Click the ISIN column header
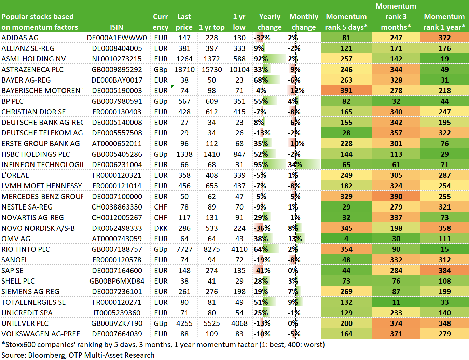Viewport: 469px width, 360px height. tap(116, 27)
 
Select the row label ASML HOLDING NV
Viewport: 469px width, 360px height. tap(33, 59)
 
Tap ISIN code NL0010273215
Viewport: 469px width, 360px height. tap(116, 59)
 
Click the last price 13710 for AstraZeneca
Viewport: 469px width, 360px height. tap(184, 69)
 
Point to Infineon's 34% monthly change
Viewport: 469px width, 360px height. tap(295, 165)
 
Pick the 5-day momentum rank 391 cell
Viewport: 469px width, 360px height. tap(346, 90)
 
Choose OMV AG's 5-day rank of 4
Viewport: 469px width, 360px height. tap(346, 239)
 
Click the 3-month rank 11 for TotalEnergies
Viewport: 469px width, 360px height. tap(396, 302)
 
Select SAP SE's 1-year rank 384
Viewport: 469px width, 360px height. tap(445, 270)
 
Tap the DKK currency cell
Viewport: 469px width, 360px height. tap(161, 228)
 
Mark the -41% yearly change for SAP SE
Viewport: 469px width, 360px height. tap(262, 270)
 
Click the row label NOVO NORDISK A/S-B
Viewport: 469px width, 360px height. tap(38, 228)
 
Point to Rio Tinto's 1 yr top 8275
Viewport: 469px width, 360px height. tap(211, 249)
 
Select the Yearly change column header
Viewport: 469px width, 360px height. tap(270, 22)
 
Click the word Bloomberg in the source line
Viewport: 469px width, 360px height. tap(46, 355)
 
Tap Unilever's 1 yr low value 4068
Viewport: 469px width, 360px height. tap(239, 323)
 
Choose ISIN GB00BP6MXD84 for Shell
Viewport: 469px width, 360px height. tap(117, 281)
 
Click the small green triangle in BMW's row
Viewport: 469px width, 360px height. tap(172, 86)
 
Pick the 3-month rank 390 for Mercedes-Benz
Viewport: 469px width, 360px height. tap(396, 197)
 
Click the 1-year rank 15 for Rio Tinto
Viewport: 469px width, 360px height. tap(445, 249)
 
